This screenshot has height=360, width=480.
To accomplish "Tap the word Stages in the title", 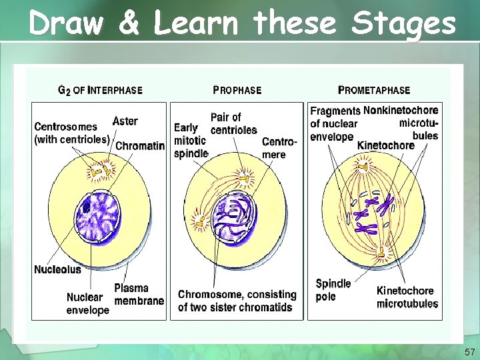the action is (404, 25).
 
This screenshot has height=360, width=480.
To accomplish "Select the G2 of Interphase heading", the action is (100, 90).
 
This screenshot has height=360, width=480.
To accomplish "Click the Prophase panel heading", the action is (237, 90).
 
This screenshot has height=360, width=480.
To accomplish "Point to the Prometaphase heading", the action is (374, 90).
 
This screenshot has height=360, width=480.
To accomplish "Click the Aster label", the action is (125, 121).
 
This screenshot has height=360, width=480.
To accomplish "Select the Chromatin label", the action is (140, 146).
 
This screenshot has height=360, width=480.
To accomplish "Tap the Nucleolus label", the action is (57, 269).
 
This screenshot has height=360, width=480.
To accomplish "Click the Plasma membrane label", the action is (139, 294).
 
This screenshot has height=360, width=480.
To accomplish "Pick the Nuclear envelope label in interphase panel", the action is (87, 303).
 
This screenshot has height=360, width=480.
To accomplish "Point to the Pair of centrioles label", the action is (233, 123).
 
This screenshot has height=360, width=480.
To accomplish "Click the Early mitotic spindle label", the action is (190, 140).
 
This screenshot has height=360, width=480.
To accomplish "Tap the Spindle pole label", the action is (333, 290).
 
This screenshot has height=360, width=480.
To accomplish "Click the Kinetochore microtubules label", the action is (407, 297).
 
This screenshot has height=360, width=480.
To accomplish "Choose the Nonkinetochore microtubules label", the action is (401, 123).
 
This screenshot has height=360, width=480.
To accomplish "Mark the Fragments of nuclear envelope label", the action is (335, 123).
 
